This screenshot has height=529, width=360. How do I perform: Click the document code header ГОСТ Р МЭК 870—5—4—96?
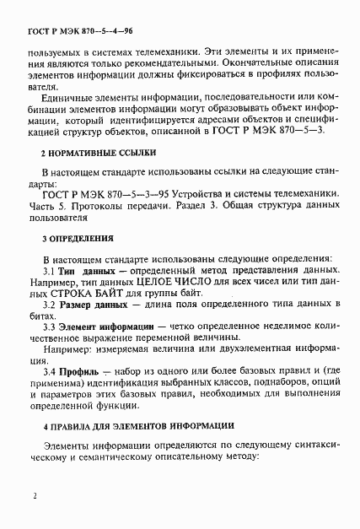(x=73, y=31)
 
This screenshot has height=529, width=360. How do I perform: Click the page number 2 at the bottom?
(x=35, y=498)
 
